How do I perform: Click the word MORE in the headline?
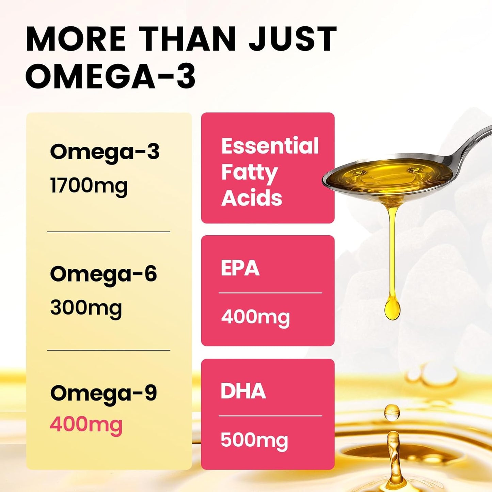(x=76, y=39)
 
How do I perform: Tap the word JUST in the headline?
(x=293, y=39)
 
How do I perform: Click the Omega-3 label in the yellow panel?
(x=105, y=152)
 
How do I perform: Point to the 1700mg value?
(x=89, y=186)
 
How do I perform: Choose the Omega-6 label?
(x=104, y=274)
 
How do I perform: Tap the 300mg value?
(x=86, y=308)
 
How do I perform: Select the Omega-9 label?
(x=104, y=393)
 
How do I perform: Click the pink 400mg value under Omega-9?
(x=86, y=425)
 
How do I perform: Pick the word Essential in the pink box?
(x=270, y=146)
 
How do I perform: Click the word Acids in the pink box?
(x=252, y=198)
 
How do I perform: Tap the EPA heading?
(x=240, y=268)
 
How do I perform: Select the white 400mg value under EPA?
(x=255, y=317)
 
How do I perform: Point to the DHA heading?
(x=243, y=391)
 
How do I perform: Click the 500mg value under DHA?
(x=254, y=440)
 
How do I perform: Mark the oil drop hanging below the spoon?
(x=392, y=308)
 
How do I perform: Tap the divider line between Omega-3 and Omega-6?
(x=109, y=232)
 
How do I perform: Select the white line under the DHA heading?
(x=270, y=416)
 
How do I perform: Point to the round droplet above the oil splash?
(x=392, y=412)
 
